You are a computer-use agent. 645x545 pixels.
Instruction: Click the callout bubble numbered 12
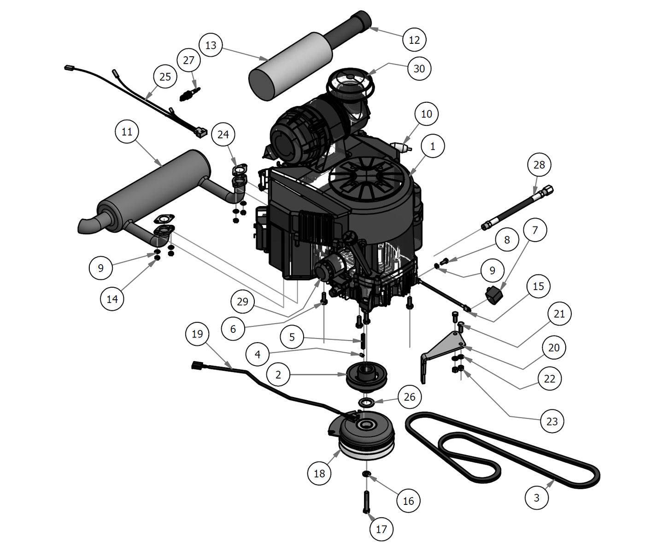point(414,40)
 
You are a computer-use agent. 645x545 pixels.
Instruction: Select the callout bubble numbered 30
point(419,68)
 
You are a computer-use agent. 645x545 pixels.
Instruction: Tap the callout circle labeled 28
point(539,165)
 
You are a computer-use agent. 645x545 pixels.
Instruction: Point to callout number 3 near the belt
point(537,498)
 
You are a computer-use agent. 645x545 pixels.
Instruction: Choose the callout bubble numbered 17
point(381,529)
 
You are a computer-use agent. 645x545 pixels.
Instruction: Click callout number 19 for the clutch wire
point(197,334)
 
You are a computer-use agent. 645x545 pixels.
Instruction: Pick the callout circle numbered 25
point(165,77)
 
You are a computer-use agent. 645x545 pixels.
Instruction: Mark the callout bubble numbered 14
point(112,299)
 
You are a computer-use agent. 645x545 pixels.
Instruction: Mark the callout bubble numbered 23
point(551,421)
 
